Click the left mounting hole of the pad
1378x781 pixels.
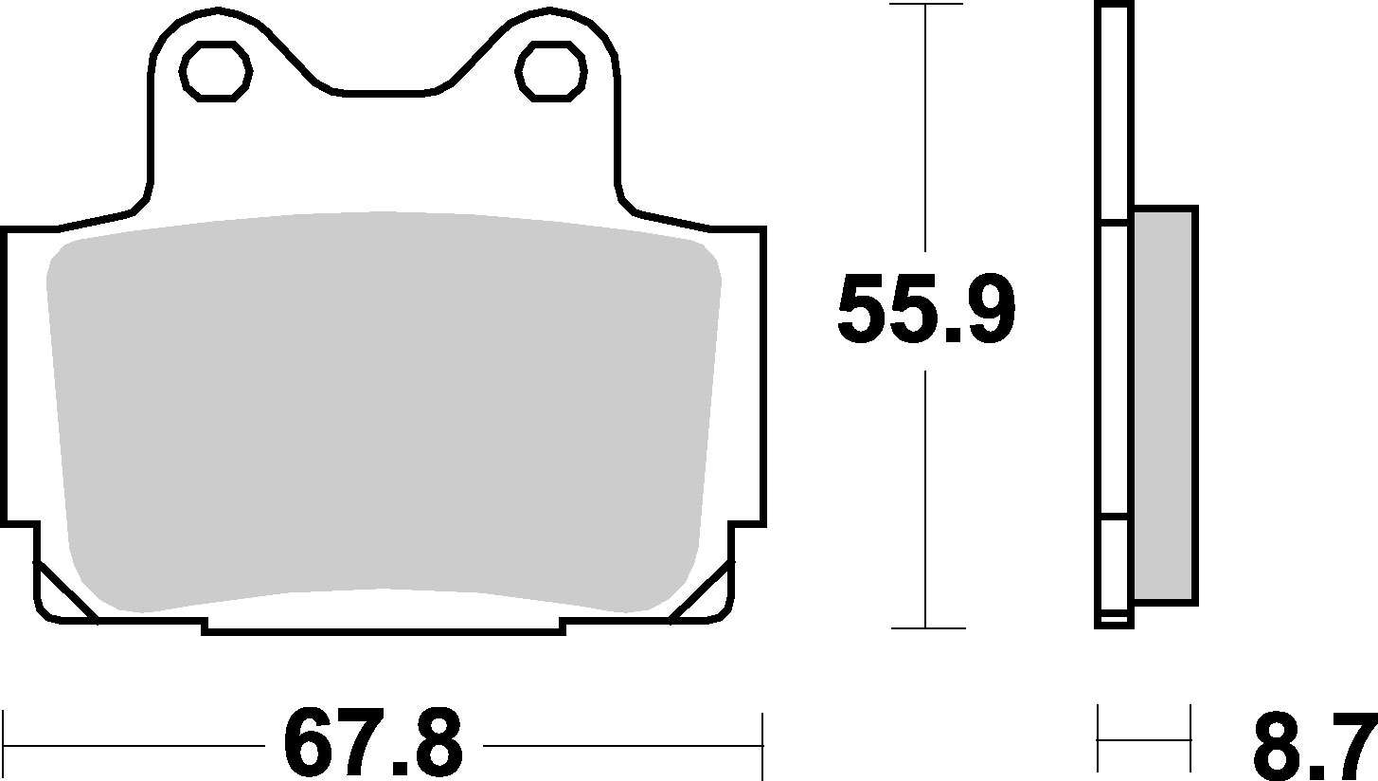click(x=216, y=69)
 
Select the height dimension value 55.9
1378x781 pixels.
click(x=925, y=309)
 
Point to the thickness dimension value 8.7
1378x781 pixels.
click(x=1313, y=745)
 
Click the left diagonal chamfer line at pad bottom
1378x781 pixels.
click(x=66, y=590)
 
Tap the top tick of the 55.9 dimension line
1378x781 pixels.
click(x=925, y=5)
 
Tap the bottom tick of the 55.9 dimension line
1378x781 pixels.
click(x=925, y=627)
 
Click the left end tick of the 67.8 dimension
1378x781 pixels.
click(x=5, y=743)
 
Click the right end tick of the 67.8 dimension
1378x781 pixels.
click(x=761, y=743)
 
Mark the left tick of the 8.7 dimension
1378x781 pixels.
click(x=1099, y=739)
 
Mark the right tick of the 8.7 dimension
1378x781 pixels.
click(x=1189, y=739)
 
